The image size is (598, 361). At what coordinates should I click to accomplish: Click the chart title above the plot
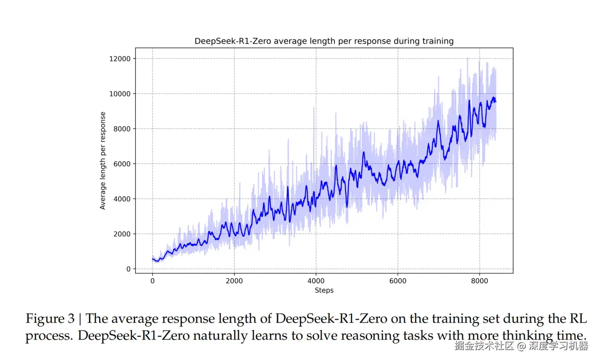[x=324, y=41]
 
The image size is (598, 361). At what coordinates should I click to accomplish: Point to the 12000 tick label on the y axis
[x=120, y=59]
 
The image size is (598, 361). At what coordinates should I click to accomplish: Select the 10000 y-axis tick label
[x=120, y=94]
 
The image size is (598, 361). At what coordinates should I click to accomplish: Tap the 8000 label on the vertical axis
[x=122, y=129]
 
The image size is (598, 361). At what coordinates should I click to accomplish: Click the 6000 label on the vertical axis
[x=122, y=164]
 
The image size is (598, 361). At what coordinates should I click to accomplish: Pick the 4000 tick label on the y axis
[x=122, y=199]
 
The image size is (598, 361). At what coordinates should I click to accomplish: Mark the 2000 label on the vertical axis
[x=122, y=234]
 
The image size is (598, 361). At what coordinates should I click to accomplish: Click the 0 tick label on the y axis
[x=128, y=269]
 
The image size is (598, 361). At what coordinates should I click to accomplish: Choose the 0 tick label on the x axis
[x=152, y=281]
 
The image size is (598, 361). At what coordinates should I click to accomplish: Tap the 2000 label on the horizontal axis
[x=234, y=281]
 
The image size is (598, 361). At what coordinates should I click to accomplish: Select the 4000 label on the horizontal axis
[x=316, y=281]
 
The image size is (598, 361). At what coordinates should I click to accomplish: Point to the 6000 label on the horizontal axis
[x=397, y=281]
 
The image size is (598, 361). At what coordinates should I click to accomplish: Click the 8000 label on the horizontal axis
[x=479, y=281]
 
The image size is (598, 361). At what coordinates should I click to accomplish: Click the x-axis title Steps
[x=324, y=290]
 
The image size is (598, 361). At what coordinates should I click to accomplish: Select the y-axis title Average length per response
[x=103, y=160]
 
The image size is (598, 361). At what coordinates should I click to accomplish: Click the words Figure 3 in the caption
[x=50, y=319]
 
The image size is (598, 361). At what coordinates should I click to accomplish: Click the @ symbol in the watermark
[x=521, y=346]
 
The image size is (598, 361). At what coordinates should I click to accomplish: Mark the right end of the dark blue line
[x=496, y=101]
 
